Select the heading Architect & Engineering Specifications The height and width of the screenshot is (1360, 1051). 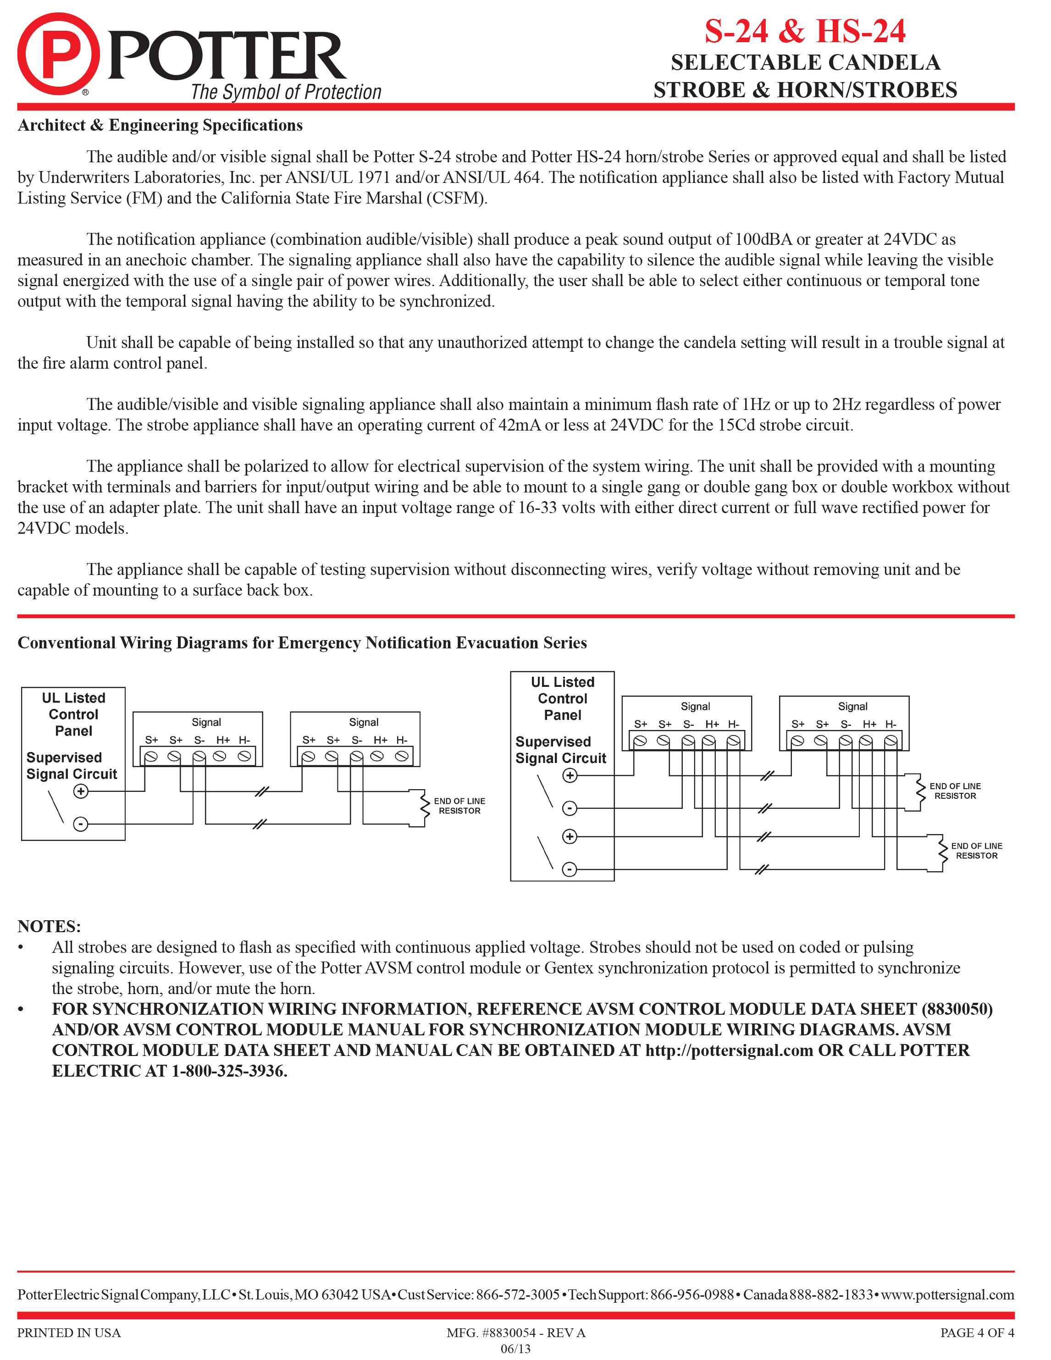160,125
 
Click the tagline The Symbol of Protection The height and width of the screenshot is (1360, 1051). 286,92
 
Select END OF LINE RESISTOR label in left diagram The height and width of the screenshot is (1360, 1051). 459,806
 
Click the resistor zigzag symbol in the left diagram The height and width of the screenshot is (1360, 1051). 425,807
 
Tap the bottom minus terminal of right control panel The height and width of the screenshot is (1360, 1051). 569,869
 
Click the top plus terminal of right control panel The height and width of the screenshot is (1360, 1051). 570,775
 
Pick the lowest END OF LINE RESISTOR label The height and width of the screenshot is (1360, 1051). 976,851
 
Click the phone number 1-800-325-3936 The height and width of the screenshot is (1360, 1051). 228,1071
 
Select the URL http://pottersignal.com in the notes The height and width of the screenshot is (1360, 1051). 729,1050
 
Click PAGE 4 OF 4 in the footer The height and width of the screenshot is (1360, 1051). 976,1332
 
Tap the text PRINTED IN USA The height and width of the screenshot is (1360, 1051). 69,1332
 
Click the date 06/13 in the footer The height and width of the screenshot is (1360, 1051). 515,1349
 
